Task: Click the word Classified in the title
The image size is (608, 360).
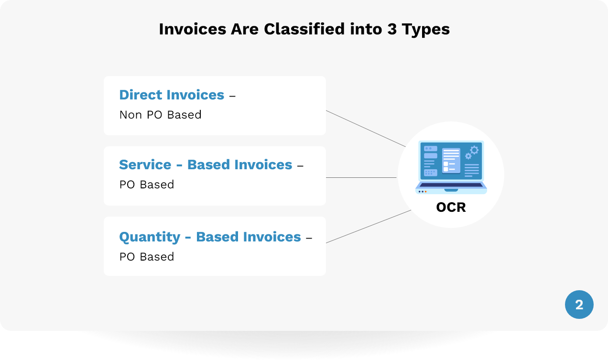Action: (x=304, y=29)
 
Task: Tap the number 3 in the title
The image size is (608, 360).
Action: (x=392, y=29)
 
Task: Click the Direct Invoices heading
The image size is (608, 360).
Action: (x=172, y=95)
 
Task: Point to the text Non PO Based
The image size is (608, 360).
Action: (x=161, y=115)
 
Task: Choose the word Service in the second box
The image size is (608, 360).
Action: (x=145, y=164)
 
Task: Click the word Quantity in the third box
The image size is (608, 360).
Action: (x=150, y=237)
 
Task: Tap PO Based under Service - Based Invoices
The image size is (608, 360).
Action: (x=147, y=185)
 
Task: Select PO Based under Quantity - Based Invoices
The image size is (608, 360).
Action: (x=147, y=257)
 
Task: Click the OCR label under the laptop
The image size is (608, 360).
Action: (x=451, y=207)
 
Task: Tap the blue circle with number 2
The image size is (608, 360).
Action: (x=579, y=305)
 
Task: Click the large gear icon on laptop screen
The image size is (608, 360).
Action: (x=475, y=150)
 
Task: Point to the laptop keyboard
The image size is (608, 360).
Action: (x=451, y=185)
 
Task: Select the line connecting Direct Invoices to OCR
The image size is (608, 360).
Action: (x=366, y=129)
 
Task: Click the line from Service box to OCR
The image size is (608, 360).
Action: (x=361, y=177)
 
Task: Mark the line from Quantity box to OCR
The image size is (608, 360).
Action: (x=369, y=227)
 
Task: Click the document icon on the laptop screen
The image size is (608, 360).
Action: (x=451, y=161)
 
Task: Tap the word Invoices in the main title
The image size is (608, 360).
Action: (x=193, y=29)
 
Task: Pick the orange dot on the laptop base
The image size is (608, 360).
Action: (x=425, y=192)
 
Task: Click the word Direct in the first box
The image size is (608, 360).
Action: (x=141, y=95)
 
